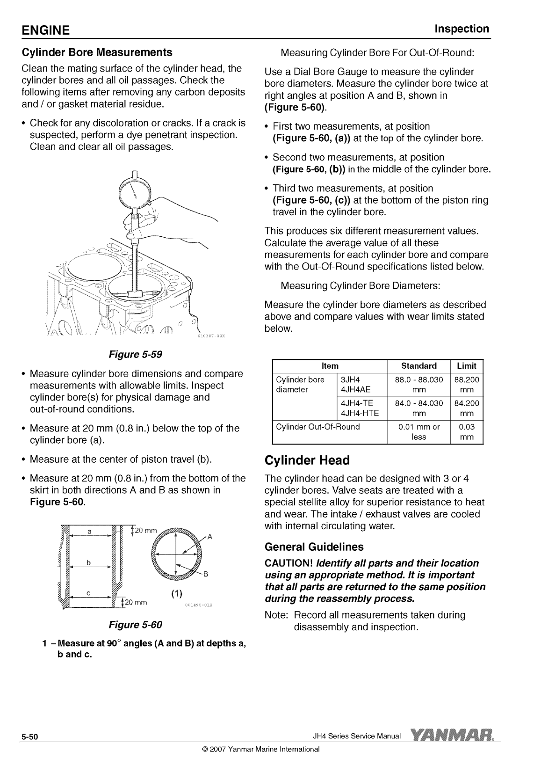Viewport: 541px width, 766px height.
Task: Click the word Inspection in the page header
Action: coord(462,29)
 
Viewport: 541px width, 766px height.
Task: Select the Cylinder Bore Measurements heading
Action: coord(97,52)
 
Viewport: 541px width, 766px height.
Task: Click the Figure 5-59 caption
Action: coord(135,354)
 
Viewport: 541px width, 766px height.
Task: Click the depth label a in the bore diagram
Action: coord(89,531)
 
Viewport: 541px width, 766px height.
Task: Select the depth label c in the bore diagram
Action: coord(88,593)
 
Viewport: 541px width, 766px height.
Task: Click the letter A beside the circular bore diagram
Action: coord(210,537)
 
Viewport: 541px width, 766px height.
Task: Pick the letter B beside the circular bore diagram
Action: coord(205,575)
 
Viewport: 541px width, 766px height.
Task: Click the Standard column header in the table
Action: coord(418,366)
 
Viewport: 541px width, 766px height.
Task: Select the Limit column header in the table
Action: coord(466,366)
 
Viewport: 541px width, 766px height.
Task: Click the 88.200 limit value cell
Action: coord(466,385)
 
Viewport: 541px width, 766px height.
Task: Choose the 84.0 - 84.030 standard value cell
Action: coord(418,408)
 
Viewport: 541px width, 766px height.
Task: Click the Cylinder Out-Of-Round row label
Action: coord(318,427)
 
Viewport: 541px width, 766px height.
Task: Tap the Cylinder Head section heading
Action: coord(307,460)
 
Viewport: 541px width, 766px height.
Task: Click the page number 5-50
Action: coord(29,737)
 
